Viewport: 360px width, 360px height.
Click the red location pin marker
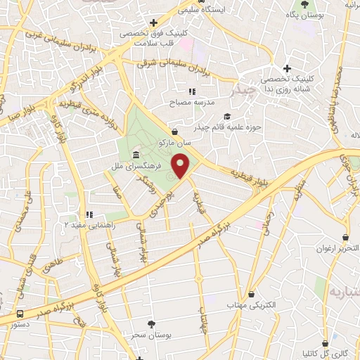click(182, 166)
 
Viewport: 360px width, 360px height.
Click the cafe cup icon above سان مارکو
click(174, 131)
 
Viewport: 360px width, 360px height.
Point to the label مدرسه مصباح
click(190, 103)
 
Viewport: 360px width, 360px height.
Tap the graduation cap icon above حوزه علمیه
click(226, 116)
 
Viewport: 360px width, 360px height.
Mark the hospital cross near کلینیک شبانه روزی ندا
click(286, 68)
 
